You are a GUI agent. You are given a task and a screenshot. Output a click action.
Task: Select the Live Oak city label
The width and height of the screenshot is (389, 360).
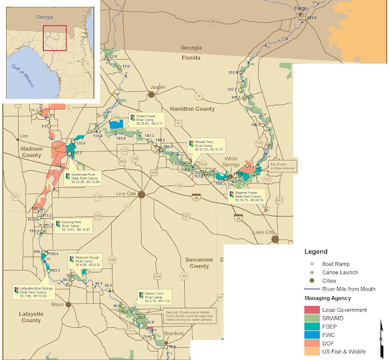pyautogui.click(x=128, y=195)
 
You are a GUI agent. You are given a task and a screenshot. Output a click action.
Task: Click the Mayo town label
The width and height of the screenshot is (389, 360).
pyautogui.click(x=58, y=304)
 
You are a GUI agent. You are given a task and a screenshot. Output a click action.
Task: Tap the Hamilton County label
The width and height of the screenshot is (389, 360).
pyautogui.click(x=192, y=109)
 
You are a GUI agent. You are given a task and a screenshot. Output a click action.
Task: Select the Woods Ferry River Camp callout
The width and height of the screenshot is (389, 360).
pyautogui.click(x=207, y=145)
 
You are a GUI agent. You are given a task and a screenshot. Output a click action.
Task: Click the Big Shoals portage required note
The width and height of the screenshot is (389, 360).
pyautogui.click(x=282, y=165)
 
